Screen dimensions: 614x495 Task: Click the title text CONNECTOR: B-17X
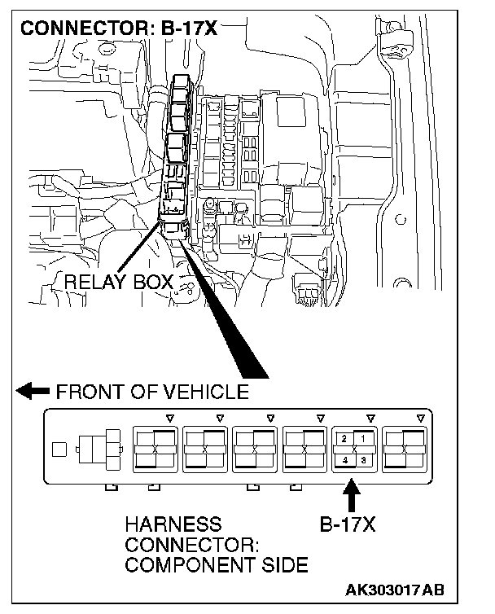pos(118,29)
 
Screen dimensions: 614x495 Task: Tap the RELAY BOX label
pos(119,283)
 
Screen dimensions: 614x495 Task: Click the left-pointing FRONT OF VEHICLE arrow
pos(33,392)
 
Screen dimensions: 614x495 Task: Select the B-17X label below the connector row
pos(347,525)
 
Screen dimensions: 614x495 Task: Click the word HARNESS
pos(173,525)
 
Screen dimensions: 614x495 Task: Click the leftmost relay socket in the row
pos(154,449)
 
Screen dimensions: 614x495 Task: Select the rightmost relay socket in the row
pos(404,449)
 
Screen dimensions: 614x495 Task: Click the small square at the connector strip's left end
pos(57,448)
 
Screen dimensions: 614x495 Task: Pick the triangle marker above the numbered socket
pos(370,418)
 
